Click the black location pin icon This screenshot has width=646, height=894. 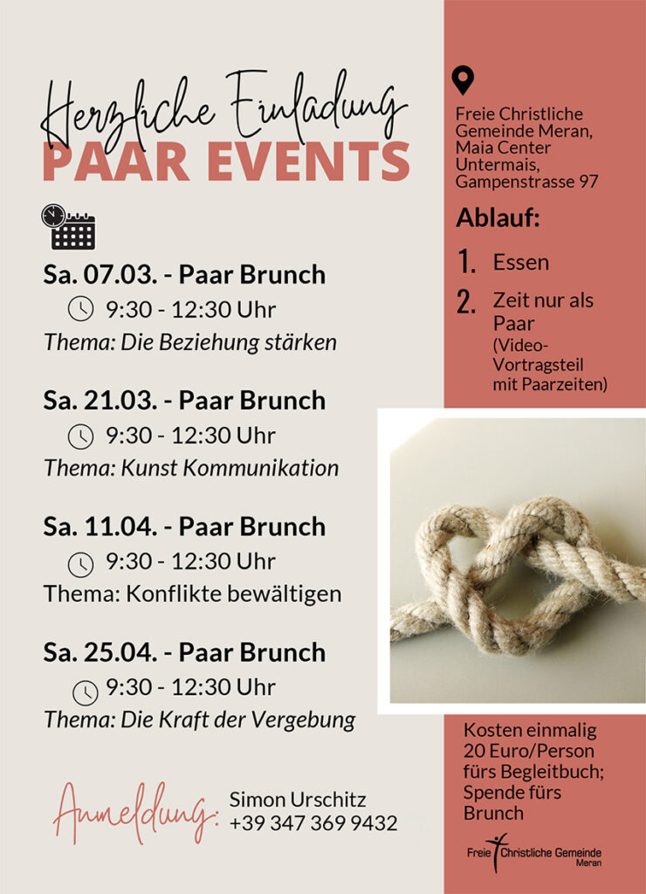463,80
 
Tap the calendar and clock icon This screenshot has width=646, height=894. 67,227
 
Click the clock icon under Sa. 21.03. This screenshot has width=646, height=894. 80,435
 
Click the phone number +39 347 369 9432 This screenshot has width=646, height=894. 313,822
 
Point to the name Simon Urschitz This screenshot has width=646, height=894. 298,799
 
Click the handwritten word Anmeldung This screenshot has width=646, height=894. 134,813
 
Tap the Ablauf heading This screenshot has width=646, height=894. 498,217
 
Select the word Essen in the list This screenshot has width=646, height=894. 520,262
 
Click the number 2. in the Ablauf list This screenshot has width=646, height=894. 466,302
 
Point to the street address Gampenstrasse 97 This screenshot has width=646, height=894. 526,182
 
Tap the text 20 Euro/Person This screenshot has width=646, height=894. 529,750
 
